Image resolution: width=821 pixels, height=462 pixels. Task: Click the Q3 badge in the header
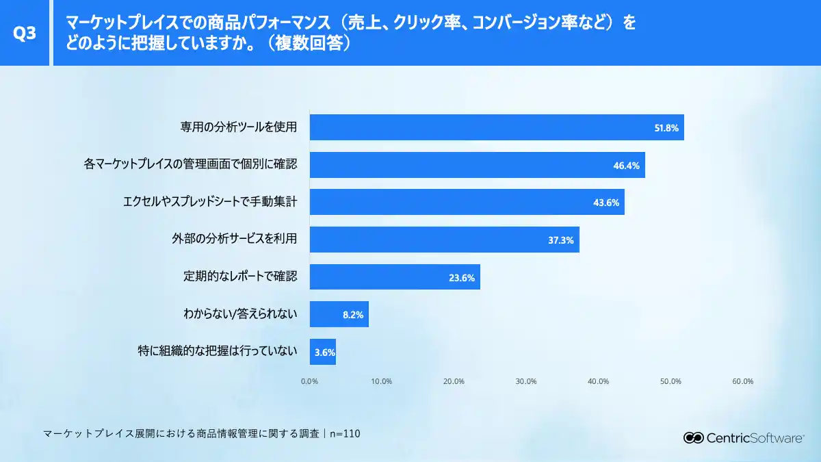coord(25,34)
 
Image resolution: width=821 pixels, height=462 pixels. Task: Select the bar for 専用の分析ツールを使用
coord(497,127)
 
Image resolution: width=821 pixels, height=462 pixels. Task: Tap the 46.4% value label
coord(626,165)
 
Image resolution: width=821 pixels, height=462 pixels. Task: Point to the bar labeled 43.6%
coord(467,202)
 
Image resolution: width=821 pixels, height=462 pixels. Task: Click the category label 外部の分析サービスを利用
coord(234,240)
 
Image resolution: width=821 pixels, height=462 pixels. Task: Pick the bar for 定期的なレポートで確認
coord(395,277)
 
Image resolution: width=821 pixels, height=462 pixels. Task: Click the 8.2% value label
coord(352,315)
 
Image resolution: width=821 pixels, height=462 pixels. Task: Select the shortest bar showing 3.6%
coord(323,352)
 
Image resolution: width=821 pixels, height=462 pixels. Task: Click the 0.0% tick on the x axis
coord(309,381)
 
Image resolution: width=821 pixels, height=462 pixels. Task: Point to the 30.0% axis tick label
coord(526,381)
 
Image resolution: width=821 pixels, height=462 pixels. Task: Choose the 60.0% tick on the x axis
coord(742,381)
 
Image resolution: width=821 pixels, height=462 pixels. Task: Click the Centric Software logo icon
coord(694,438)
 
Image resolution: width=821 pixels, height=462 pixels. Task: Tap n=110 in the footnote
coord(345,433)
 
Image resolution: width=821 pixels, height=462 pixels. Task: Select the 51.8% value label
coord(666,128)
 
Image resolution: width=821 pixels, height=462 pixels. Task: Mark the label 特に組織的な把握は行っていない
coord(218,352)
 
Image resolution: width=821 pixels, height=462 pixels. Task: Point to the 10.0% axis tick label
coord(381,381)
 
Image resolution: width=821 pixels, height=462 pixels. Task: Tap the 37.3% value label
coord(560,240)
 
